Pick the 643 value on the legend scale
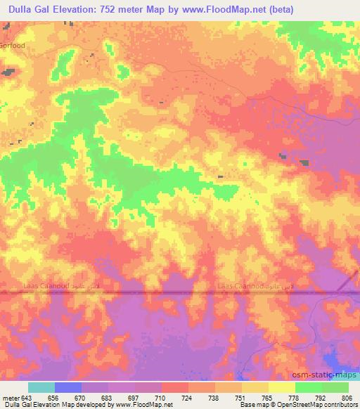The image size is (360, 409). click(28, 397)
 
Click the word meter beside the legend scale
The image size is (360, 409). click(11, 397)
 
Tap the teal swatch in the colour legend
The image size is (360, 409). click(41, 387)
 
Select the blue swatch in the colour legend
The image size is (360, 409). click(68, 387)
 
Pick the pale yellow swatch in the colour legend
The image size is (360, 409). click(281, 387)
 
